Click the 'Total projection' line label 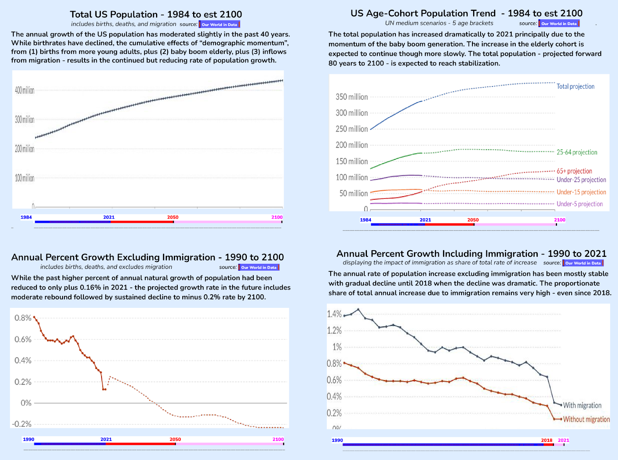pos(575,87)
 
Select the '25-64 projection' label pos(577,152)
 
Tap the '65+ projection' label pos(574,171)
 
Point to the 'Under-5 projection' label pos(579,204)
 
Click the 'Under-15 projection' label pos(581,192)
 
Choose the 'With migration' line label pos(582,406)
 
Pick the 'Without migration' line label pos(586,419)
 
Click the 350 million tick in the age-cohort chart pos(351,97)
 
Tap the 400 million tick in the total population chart pos(25,90)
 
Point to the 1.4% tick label pos(334,314)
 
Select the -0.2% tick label pos(22,424)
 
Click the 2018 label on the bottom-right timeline pos(547,440)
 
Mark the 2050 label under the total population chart pos(173,217)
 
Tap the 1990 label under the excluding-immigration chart pos(29,439)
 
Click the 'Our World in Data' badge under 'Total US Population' pos(219,24)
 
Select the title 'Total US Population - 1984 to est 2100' pos(156,14)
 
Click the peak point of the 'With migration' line pos(358,309)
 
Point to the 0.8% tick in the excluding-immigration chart pos(23,318)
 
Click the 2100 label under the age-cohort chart pos(560,220)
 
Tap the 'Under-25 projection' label pos(581,180)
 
